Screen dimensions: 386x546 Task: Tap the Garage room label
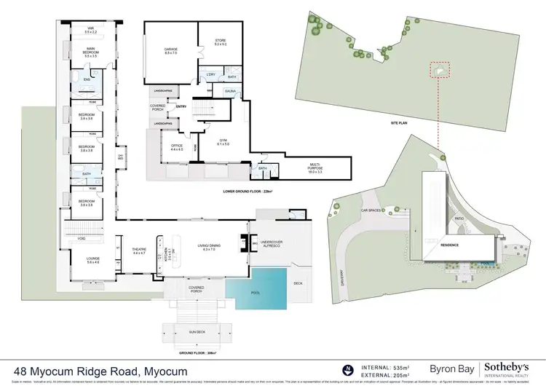coord(170,50)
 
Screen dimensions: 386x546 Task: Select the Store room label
coord(220,42)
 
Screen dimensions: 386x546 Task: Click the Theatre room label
coord(138,251)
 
